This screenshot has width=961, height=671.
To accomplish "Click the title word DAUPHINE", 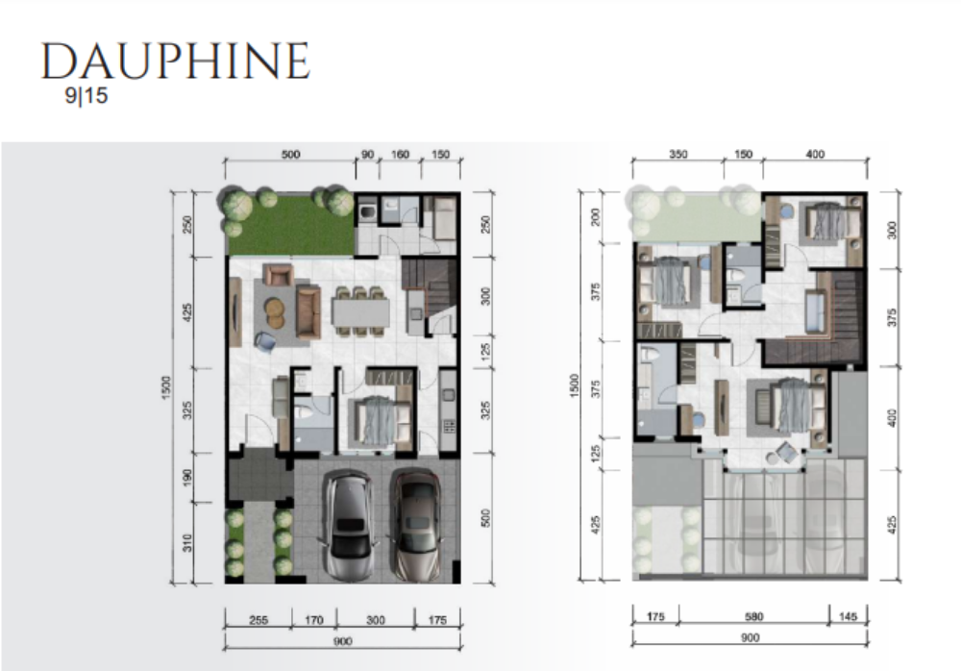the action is tap(175, 62).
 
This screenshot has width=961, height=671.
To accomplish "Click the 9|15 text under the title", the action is tap(86, 96).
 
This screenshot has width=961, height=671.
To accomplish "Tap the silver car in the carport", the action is tap(349, 525).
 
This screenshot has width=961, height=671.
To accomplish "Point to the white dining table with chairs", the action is tap(361, 312).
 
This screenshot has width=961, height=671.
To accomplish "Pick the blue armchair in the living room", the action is tap(265, 341).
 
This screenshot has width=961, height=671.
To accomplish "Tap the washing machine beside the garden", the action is tap(368, 212).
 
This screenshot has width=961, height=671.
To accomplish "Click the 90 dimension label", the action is tap(367, 154).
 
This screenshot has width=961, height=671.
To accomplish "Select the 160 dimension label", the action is tap(400, 154).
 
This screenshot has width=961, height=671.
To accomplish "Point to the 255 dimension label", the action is tap(258, 620).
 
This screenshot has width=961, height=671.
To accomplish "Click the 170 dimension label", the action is tap(314, 620).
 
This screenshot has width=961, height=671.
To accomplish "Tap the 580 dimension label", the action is tap(753, 616).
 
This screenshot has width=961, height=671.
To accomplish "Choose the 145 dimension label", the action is tap(848, 616).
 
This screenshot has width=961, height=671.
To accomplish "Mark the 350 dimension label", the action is tap(678, 154).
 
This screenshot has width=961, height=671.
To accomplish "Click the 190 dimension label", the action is tap(187, 478).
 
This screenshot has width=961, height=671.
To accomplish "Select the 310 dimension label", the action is tap(187, 543).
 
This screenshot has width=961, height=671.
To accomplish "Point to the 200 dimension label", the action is tap(595, 217).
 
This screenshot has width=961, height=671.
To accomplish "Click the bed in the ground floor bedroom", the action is tap(378, 419).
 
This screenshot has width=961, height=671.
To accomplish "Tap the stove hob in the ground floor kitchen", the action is tap(448, 426).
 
